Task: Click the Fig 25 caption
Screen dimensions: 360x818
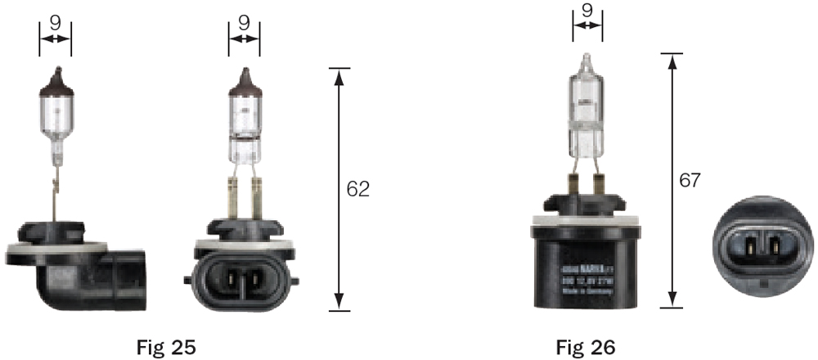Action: click(165, 347)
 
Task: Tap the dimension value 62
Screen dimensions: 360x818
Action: click(358, 189)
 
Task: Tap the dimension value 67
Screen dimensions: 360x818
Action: click(690, 181)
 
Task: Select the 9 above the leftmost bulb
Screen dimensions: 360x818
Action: click(55, 23)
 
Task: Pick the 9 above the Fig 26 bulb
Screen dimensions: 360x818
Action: click(587, 12)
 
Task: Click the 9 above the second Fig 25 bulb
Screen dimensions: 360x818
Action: click(244, 23)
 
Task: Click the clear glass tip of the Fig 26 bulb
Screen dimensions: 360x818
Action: click(587, 64)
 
